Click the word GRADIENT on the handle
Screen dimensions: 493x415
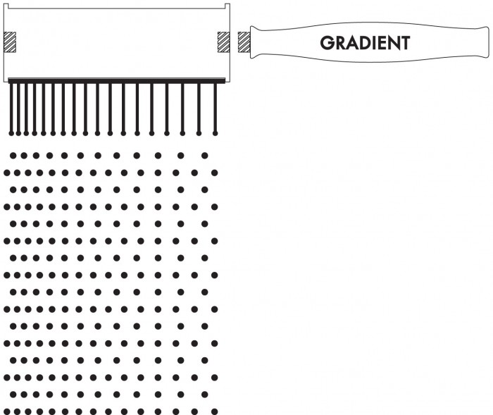pos(365,43)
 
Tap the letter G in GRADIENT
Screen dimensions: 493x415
pos(327,43)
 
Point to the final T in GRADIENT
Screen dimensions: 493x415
pos(405,43)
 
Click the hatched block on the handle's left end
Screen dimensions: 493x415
pos(244,42)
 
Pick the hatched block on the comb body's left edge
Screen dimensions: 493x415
pos(10,42)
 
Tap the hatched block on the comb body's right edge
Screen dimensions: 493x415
pos(223,42)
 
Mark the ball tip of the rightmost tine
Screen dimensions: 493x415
pos(215,133)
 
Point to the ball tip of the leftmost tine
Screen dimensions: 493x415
pos(12,133)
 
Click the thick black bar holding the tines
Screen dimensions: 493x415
pos(117,81)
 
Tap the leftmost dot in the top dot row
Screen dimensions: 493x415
pos(13,156)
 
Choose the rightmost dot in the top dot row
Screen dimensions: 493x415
pos(205,156)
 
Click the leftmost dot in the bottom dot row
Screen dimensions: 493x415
pos(7,411)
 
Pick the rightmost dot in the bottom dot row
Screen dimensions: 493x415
pos(214,411)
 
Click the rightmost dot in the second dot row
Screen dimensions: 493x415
pos(214,173)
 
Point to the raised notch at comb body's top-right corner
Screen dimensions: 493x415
pos(227,6)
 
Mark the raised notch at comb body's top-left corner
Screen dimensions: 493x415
pos(6,6)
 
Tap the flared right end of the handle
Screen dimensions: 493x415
pos(485,42)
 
